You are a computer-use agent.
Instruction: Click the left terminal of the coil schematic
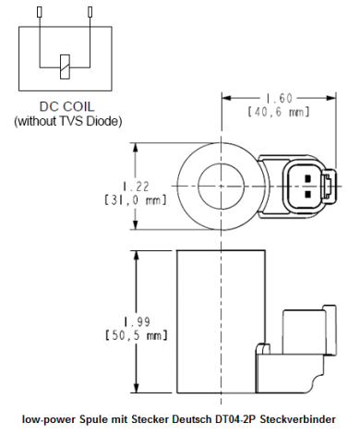[x=38, y=13]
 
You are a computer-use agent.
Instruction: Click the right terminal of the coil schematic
[x=89, y=13]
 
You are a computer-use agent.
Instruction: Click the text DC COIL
[x=64, y=106]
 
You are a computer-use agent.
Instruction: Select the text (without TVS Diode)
[x=64, y=120]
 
